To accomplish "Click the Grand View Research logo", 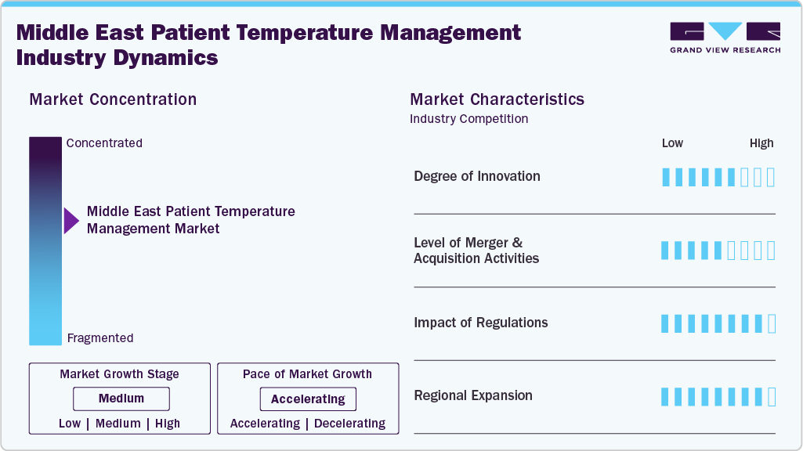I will (x=725, y=37).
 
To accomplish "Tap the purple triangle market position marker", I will (x=71, y=220).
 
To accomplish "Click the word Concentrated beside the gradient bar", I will (x=104, y=143).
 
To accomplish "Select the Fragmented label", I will (x=100, y=338).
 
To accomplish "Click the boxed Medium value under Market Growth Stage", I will (x=121, y=399).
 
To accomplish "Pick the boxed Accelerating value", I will (x=308, y=399).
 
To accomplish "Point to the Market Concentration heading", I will (x=113, y=99).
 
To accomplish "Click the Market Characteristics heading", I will (x=497, y=99).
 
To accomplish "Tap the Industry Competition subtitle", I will (x=468, y=119).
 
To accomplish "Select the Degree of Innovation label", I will (x=476, y=176).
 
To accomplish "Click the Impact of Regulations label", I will (x=480, y=323).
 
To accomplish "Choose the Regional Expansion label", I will (x=472, y=395).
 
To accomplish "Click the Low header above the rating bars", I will (x=672, y=143).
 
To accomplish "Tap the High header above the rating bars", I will (x=761, y=143).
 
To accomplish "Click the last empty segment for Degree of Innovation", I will (x=771, y=177).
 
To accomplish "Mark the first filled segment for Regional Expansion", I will (x=666, y=397).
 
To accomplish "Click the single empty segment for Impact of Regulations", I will (x=771, y=323).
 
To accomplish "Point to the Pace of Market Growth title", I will (x=307, y=374).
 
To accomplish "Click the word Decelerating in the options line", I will (x=349, y=424).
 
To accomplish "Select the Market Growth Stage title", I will (x=119, y=374).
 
